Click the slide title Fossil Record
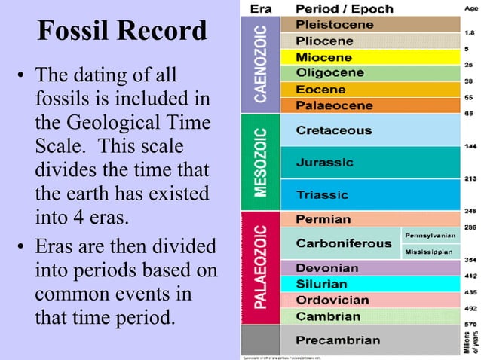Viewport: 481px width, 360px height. [121, 31]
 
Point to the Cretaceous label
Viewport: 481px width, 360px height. [333, 130]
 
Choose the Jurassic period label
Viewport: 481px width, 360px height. [324, 162]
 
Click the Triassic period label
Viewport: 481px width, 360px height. [322, 194]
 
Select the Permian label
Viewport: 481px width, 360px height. [323, 219]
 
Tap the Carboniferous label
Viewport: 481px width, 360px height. [343, 243]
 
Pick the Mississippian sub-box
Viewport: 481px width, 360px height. [428, 251]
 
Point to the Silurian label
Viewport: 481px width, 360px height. [322, 284]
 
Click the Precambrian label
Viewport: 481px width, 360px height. [338, 340]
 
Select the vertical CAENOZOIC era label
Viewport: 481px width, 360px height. [259, 65]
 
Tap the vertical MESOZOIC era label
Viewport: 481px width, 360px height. [259, 162]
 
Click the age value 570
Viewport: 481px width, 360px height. [470, 324]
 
